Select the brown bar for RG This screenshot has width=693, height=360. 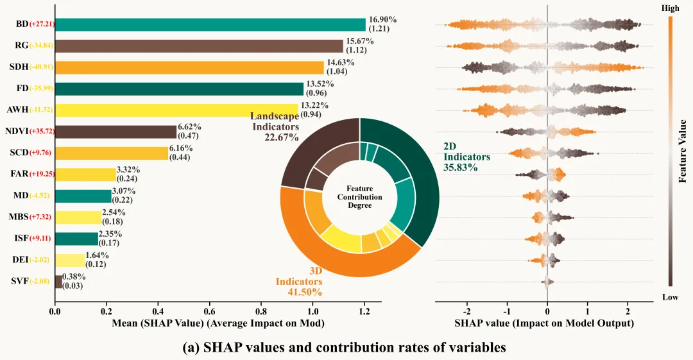(x=199, y=46)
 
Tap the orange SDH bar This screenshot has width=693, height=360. (x=189, y=67)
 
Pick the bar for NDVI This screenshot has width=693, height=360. (x=116, y=132)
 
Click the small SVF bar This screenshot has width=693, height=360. (x=59, y=282)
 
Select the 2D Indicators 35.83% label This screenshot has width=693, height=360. (x=466, y=157)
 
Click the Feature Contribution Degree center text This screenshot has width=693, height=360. (x=360, y=196)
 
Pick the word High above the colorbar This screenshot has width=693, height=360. (x=670, y=8)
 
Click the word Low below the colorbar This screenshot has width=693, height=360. (x=670, y=296)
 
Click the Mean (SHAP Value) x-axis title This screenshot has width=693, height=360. (x=217, y=324)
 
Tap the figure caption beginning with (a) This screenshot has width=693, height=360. (x=345, y=347)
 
